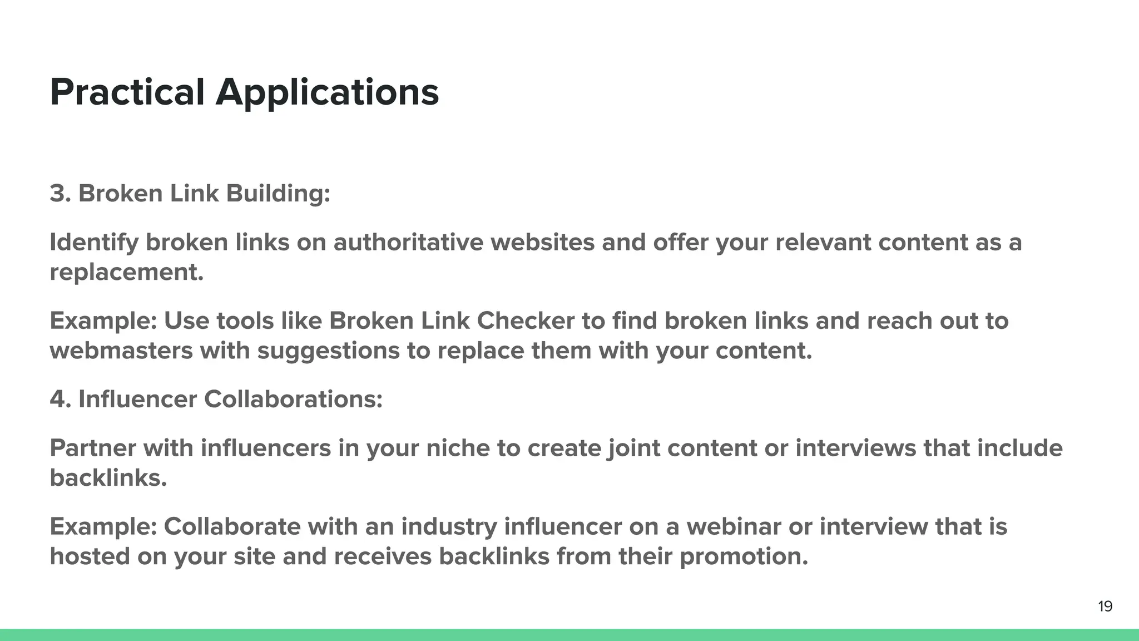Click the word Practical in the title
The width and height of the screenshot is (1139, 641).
point(127,92)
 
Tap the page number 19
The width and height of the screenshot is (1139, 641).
point(1105,607)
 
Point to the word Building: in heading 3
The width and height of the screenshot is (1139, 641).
point(278,194)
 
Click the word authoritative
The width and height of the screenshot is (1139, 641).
point(408,242)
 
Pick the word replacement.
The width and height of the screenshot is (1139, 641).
point(126,273)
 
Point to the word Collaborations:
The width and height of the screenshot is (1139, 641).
point(293,399)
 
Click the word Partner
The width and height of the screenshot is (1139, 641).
point(92,448)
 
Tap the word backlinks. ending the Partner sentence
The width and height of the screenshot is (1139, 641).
point(108,477)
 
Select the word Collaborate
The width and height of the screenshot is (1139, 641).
point(232,526)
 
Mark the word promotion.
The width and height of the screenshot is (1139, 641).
point(744,557)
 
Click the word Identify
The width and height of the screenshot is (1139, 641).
point(94,243)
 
